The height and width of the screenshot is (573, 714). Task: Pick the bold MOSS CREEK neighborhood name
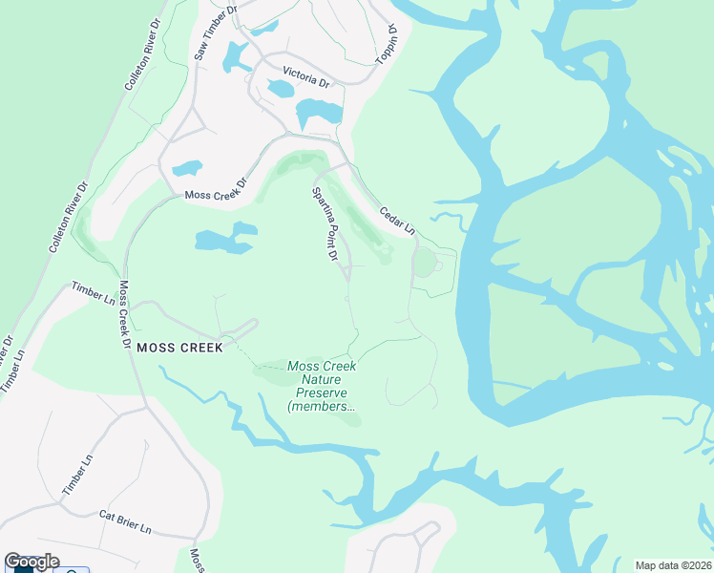(x=179, y=348)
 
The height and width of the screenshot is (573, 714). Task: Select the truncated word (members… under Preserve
(x=323, y=407)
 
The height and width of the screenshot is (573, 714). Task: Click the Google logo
(x=31, y=562)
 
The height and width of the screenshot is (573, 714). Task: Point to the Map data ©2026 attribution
(x=674, y=564)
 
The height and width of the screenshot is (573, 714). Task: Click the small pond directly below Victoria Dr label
(x=282, y=90)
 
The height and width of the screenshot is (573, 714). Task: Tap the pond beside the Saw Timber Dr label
(x=235, y=58)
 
